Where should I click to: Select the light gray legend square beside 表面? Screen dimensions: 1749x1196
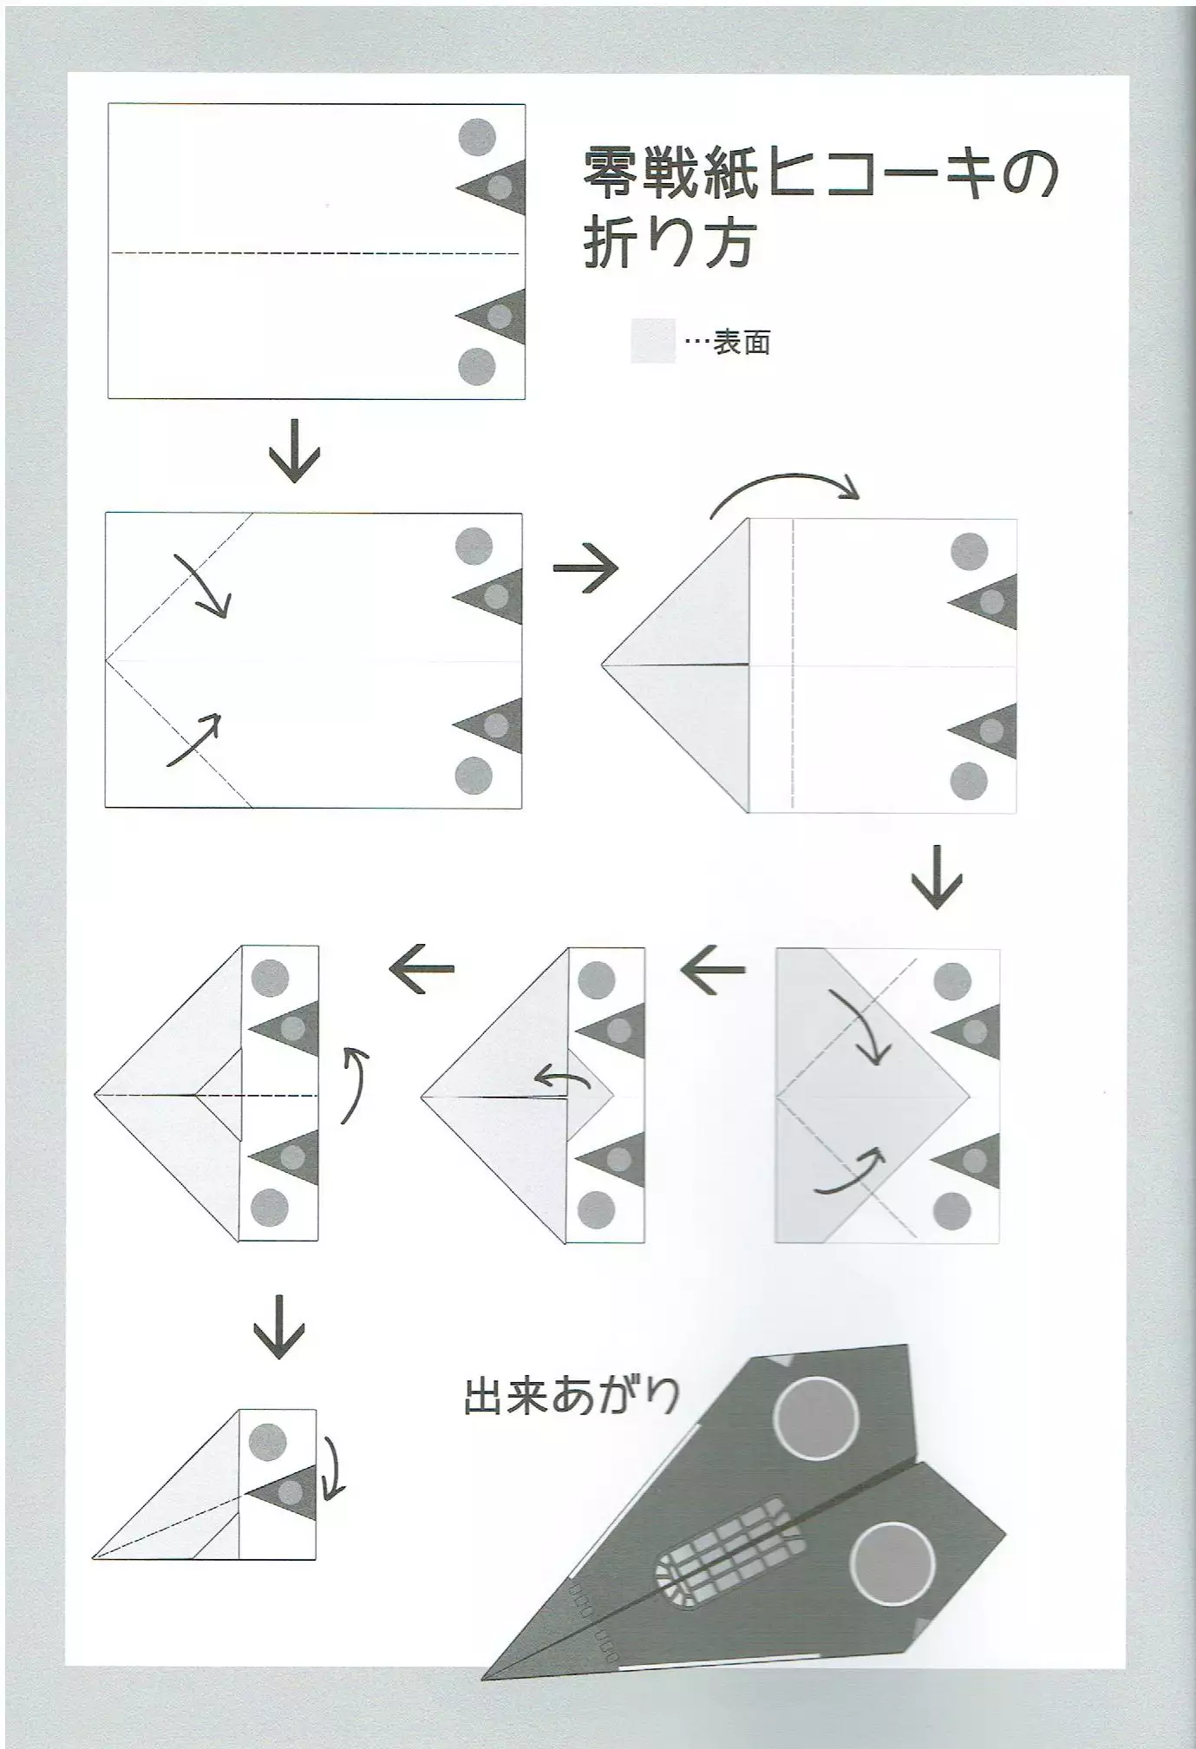click(x=652, y=341)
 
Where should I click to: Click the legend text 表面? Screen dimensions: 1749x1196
click(x=742, y=343)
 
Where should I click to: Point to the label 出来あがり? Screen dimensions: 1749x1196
click(x=572, y=1397)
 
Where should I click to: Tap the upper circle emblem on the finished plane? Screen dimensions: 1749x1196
click(x=816, y=1418)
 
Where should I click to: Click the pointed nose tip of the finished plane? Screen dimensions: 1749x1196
click(x=487, y=1676)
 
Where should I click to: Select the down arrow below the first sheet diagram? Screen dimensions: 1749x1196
click(x=295, y=451)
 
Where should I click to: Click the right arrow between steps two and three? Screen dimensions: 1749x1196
click(x=586, y=569)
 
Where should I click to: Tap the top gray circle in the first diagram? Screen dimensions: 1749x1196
click(x=477, y=136)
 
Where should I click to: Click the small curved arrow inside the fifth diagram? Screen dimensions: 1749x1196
click(x=562, y=1078)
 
